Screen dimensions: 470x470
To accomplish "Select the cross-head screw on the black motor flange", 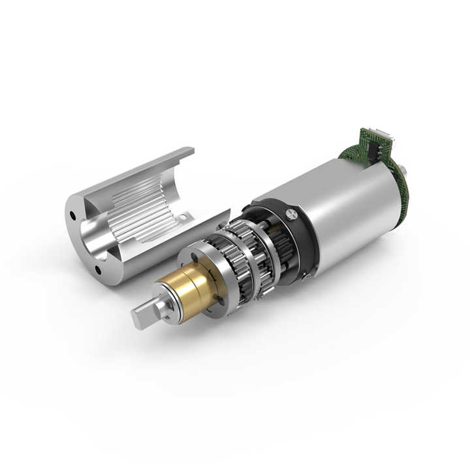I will pyautogui.click(x=292, y=213).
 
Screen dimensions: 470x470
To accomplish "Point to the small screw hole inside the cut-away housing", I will pyautogui.click(x=185, y=216).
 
